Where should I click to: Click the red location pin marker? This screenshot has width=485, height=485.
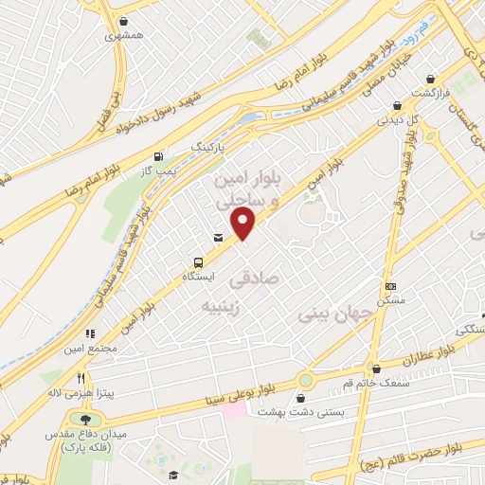pyautogui.click(x=244, y=224)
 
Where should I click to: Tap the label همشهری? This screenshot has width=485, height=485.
pyautogui.click(x=124, y=34)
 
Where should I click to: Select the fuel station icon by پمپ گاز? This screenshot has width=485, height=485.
pyautogui.click(x=157, y=157)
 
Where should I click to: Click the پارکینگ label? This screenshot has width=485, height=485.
pyautogui.click(x=210, y=149)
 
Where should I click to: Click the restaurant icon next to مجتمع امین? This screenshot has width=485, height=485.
pyautogui.click(x=91, y=333)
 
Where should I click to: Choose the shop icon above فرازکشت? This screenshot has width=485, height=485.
pyautogui.click(x=431, y=80)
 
